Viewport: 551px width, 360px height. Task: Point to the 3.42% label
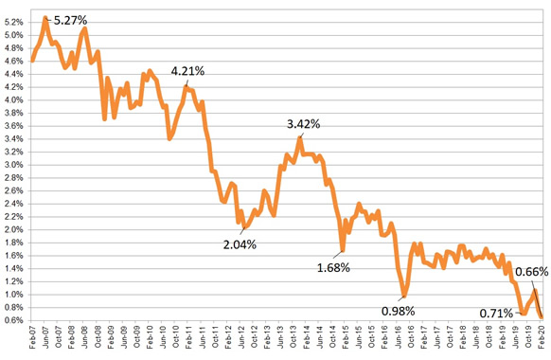[x=304, y=124]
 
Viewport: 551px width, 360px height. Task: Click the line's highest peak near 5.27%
[x=45, y=18]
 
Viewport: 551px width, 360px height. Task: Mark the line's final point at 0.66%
[x=541, y=316]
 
